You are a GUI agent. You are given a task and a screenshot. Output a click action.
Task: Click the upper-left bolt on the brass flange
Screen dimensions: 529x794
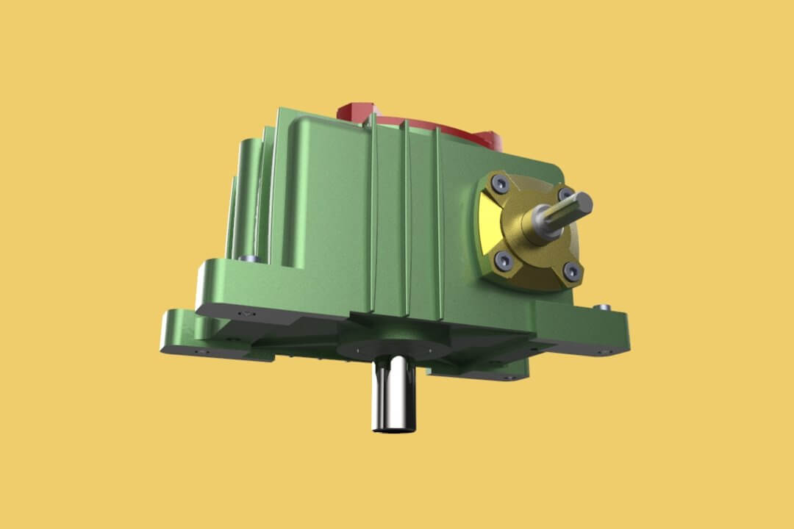(501, 181)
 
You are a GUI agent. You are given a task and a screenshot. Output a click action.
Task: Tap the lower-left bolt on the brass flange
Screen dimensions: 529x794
(503, 259)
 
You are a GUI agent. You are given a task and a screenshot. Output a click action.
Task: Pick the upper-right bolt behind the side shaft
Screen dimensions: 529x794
(565, 194)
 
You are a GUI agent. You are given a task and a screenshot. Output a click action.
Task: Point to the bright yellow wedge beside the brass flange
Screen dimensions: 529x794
(487, 220)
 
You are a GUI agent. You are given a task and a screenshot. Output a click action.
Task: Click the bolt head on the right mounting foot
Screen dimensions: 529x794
(604, 307)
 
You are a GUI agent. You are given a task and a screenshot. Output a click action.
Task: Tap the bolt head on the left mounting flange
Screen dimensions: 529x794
(248, 258)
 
